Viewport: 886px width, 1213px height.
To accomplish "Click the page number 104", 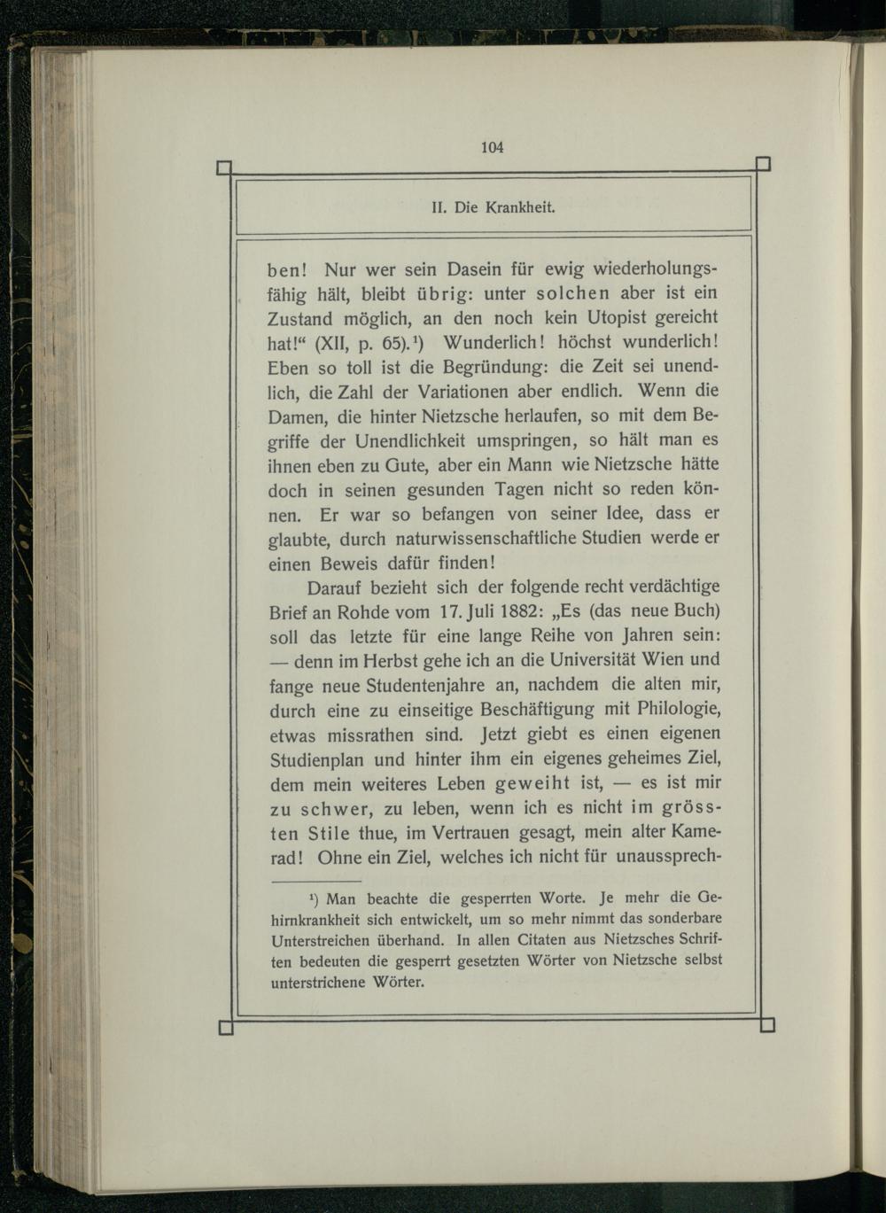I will point(493,147).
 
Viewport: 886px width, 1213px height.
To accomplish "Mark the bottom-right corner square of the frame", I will point(768,1026).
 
